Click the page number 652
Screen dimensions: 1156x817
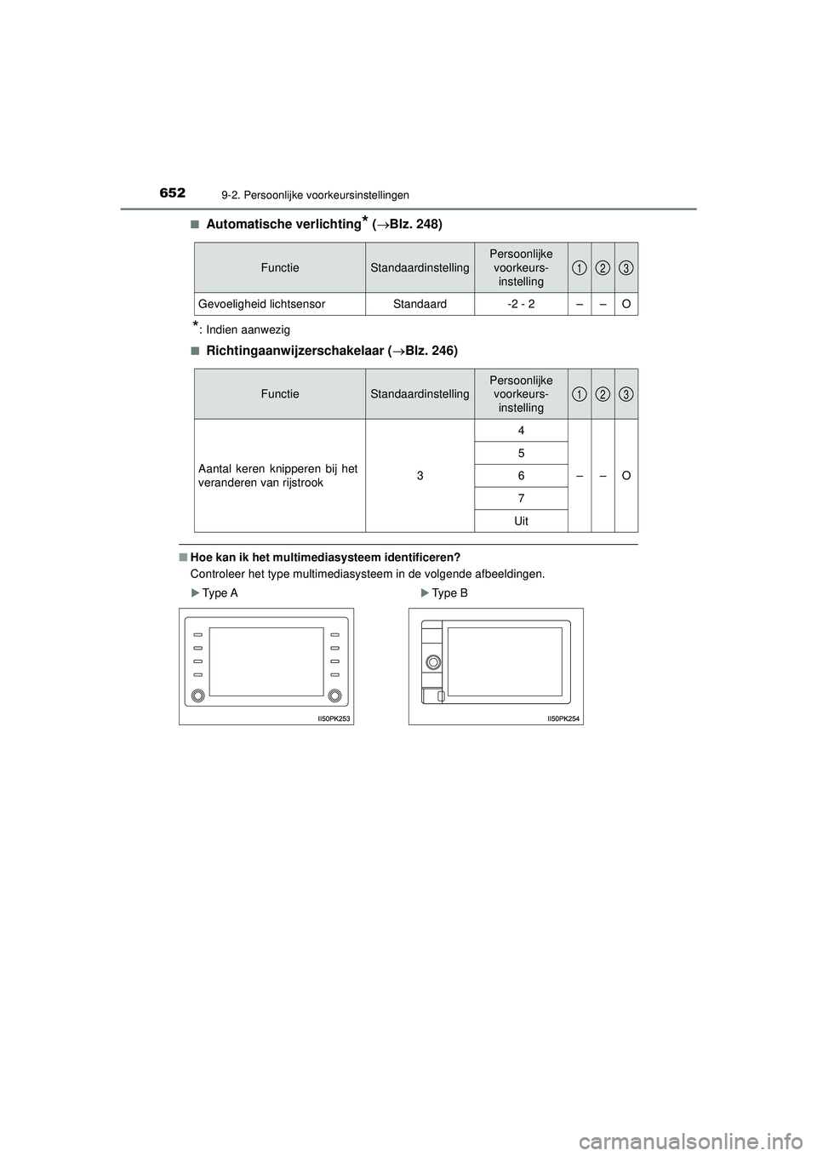(172, 193)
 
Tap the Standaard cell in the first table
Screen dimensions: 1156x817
(420, 304)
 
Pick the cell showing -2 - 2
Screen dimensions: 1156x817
(521, 304)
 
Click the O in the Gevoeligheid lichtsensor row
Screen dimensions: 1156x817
(626, 304)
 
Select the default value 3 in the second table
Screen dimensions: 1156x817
(420, 475)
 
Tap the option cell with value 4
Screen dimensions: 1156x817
(521, 431)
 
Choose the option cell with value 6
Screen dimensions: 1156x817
(521, 475)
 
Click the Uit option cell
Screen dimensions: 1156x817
(521, 520)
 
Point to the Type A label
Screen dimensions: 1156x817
(220, 593)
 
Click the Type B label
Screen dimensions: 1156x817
(449, 593)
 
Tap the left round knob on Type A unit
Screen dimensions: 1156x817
(197, 695)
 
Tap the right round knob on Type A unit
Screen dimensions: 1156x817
(335, 695)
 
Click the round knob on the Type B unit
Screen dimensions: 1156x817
(433, 661)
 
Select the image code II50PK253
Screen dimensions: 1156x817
(334, 719)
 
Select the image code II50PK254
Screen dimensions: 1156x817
(563, 719)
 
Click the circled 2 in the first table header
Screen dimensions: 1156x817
(603, 268)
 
